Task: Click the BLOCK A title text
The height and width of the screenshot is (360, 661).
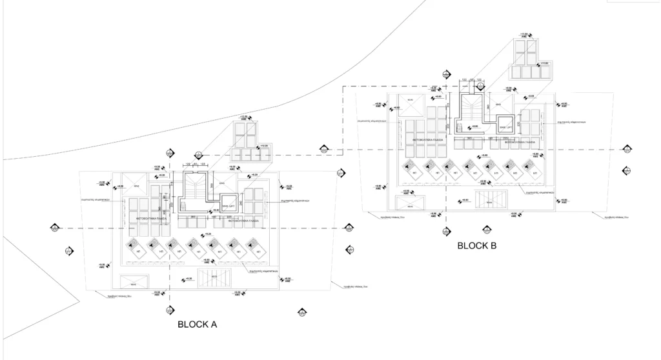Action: (197, 325)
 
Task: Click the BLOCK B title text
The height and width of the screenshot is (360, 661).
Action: (477, 246)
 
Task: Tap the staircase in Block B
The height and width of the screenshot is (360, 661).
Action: (470, 106)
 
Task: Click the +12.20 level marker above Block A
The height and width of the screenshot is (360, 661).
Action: (243, 117)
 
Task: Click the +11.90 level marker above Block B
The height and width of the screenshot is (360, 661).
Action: (524, 35)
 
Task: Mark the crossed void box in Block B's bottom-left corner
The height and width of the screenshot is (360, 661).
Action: (411, 205)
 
